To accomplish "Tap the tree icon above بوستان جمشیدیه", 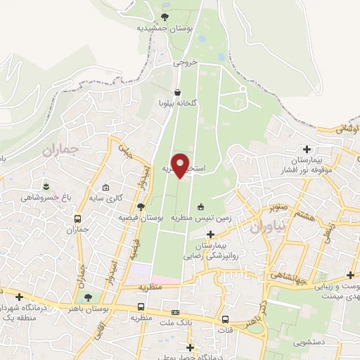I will pyautogui.click(x=165, y=16).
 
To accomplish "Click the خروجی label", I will pyautogui.click(x=187, y=62).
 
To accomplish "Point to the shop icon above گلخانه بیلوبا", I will pyautogui.click(x=177, y=93).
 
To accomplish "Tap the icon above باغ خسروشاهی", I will pyautogui.click(x=46, y=186).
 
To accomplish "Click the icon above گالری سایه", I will pyautogui.click(x=105, y=188).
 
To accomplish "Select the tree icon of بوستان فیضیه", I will pyautogui.click(x=141, y=207).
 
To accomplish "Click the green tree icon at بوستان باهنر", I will pyautogui.click(x=87, y=297).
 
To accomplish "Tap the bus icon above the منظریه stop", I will pyautogui.click(x=141, y=307).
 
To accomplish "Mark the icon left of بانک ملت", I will pyautogui.click(x=176, y=312).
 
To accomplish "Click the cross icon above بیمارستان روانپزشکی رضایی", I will pyautogui.click(x=210, y=233).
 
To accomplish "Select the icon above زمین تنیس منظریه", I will pyautogui.click(x=201, y=207).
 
